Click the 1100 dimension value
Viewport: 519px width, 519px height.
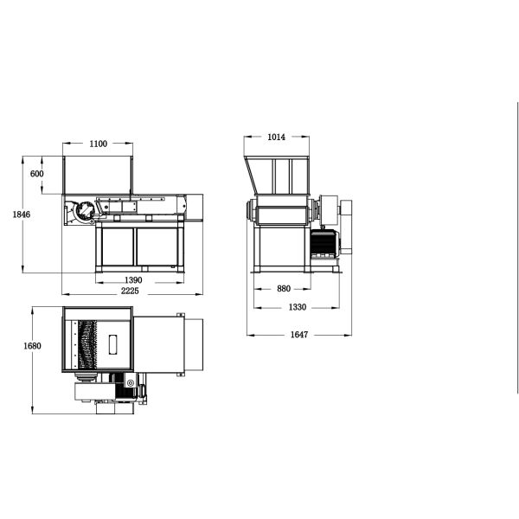(99, 144)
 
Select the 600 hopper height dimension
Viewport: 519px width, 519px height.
(36, 174)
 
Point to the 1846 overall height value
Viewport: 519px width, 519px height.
(22, 215)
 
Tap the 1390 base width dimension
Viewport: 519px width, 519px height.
(133, 280)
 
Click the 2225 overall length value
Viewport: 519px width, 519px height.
(130, 291)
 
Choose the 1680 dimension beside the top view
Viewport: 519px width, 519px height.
(32, 346)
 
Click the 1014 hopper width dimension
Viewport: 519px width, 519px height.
(277, 137)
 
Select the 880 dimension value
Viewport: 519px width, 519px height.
(284, 289)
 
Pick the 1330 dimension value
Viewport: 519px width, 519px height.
(298, 307)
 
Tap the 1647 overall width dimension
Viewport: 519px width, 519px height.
(299, 335)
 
